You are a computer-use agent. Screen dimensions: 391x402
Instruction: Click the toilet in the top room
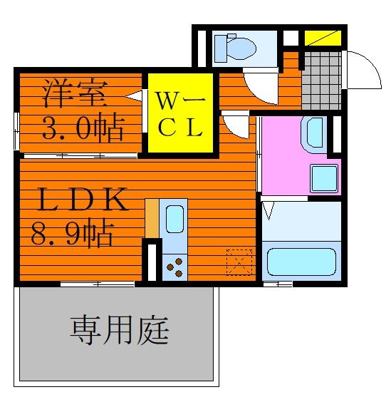(235, 48)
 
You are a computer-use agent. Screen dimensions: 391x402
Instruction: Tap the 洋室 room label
(75, 93)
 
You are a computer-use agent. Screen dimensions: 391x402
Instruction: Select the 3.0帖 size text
(83, 128)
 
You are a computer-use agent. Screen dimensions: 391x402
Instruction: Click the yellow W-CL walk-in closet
(181, 113)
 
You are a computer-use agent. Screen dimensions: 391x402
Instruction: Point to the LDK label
(82, 200)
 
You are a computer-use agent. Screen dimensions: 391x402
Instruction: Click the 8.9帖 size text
(73, 233)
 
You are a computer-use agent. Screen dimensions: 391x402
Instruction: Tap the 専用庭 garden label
(120, 330)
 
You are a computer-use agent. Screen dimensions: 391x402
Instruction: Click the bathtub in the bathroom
(301, 262)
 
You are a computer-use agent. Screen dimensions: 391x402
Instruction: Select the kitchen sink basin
(174, 220)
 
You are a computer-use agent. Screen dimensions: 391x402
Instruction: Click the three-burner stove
(174, 267)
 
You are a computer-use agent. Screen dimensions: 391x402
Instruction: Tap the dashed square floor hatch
(239, 262)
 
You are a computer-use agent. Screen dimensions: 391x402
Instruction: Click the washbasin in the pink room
(314, 135)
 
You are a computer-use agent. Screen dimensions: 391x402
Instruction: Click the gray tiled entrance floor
(321, 81)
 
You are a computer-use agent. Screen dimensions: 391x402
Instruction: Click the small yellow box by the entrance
(323, 38)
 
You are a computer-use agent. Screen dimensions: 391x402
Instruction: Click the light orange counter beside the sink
(152, 219)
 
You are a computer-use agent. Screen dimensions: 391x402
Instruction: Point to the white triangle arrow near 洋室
(133, 96)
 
